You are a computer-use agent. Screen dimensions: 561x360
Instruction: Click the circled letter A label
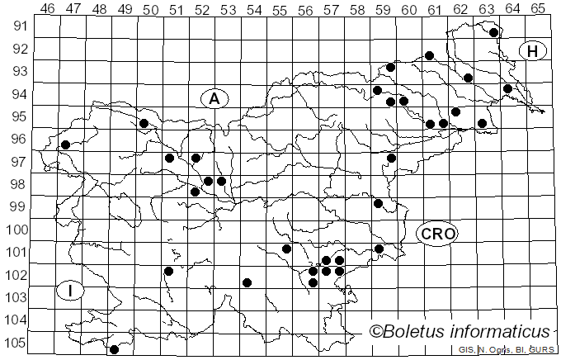214,99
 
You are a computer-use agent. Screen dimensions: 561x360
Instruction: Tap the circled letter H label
533,51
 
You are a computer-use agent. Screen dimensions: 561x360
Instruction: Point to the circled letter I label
71,290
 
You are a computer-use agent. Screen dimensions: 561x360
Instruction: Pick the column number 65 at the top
538,8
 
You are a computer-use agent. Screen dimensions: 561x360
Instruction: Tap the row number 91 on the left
16,26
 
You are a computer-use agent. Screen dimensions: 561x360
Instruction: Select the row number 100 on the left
15,230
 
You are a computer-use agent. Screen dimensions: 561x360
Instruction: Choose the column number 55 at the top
280,8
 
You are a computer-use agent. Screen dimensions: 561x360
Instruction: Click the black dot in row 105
114,349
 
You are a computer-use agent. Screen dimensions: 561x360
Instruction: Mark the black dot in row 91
493,33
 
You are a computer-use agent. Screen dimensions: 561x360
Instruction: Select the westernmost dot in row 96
65,145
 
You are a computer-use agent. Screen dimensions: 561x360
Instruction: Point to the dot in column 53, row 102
247,282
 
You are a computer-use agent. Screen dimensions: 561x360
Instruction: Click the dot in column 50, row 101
168,271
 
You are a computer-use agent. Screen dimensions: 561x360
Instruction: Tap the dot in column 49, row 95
144,123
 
